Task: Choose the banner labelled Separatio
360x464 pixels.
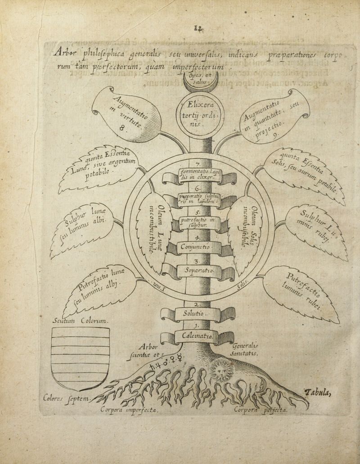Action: [198, 271]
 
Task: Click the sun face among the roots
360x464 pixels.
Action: [220, 372]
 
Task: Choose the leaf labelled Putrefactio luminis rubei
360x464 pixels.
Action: [302, 293]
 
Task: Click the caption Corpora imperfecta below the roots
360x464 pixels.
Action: [129, 410]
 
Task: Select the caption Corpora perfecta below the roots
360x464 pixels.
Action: [261, 410]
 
